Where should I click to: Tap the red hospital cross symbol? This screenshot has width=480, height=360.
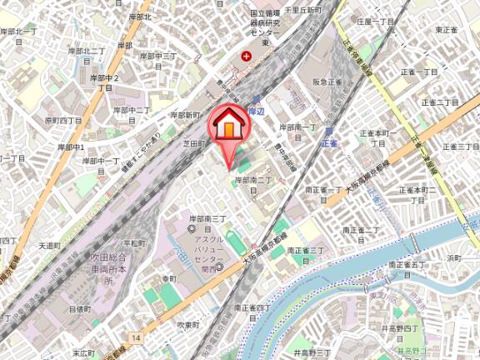246,57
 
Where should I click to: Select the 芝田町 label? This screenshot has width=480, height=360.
193,144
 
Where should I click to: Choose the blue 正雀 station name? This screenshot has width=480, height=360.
329,143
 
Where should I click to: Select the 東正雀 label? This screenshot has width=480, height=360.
447,30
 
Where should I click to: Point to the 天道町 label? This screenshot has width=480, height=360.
50,246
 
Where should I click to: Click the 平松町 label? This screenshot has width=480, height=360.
137,243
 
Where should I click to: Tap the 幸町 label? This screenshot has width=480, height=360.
169,278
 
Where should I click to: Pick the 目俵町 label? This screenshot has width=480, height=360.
79,308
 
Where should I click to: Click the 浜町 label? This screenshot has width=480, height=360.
453,259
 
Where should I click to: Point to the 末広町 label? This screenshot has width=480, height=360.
82,352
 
